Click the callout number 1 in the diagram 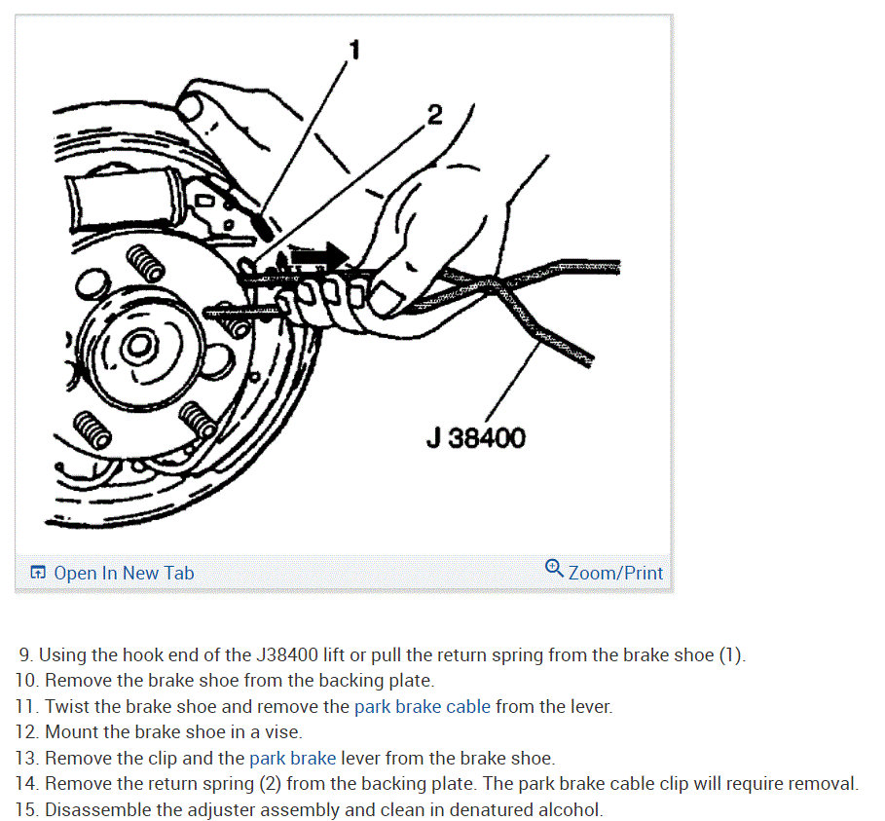pos(354,50)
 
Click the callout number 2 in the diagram pos(434,115)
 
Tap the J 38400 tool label pos(476,437)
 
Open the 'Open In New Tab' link pos(124,573)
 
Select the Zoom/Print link pos(615,573)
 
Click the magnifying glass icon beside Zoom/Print pos(554,568)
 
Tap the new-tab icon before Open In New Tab pos(38,573)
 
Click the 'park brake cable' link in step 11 pos(423,706)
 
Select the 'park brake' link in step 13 pos(292,758)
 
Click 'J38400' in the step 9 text pos(286,654)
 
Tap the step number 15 pos(26,809)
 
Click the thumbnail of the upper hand pos(190,107)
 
